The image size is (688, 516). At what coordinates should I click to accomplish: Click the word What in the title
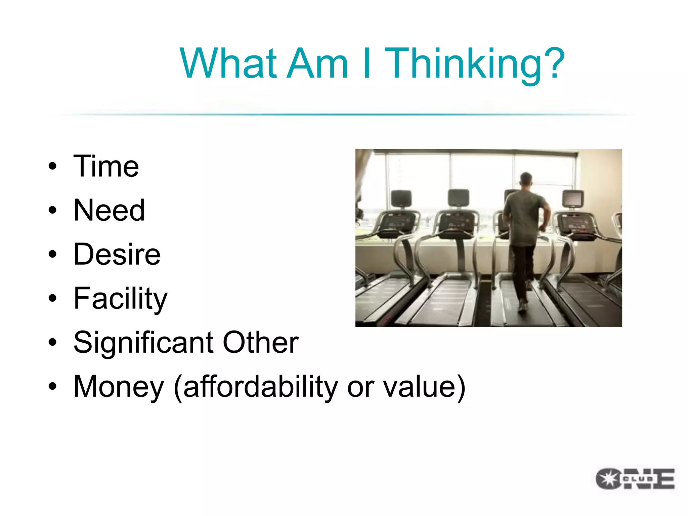[228, 64]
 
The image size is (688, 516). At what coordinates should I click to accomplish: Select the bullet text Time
[106, 167]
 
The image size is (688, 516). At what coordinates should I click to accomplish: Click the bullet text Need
[109, 211]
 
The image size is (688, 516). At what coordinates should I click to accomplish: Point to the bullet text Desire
[117, 255]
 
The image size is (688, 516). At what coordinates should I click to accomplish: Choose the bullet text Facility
[120, 299]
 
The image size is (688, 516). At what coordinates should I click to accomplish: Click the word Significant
[143, 343]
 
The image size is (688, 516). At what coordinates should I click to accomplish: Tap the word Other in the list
[260, 343]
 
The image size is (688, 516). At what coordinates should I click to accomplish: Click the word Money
[118, 387]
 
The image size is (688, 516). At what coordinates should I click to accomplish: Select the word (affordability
[256, 387]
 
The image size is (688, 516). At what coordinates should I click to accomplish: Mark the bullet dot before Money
[52, 386]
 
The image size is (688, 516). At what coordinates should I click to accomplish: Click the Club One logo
[635, 478]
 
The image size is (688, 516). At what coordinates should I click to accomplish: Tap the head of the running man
[526, 179]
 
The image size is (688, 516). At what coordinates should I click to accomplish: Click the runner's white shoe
[523, 306]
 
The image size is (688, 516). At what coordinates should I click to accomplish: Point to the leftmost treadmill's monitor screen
[401, 199]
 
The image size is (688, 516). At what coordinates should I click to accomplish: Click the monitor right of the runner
[573, 199]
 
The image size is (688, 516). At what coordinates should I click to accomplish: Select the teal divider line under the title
[343, 115]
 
